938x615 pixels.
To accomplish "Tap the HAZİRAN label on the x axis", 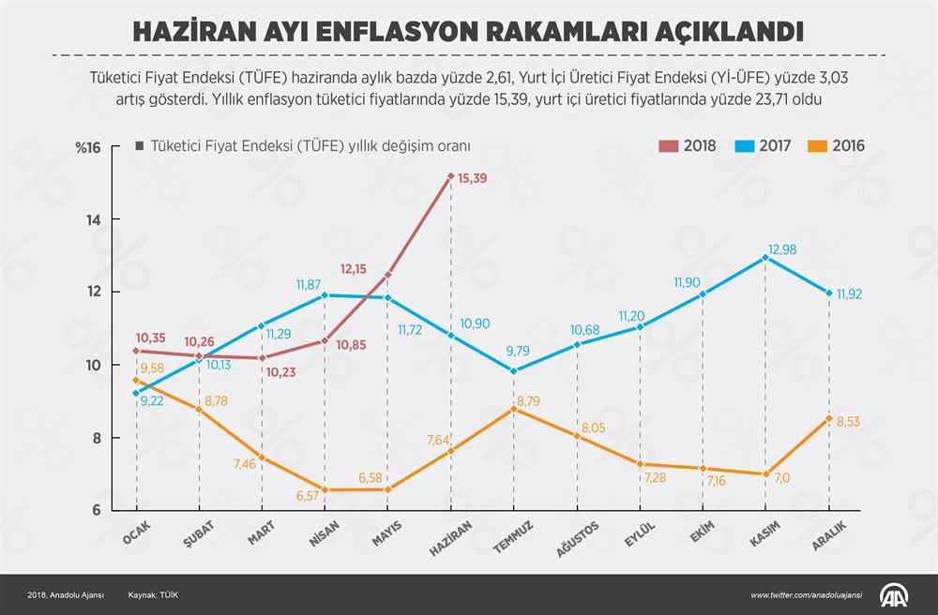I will click(x=448, y=542).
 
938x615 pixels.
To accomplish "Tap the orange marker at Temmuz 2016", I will click(x=514, y=409).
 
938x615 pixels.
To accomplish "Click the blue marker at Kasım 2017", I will click(x=765, y=257).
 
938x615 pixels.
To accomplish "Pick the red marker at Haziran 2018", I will click(x=451, y=176).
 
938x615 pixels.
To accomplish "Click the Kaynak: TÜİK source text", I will click(x=154, y=595).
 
